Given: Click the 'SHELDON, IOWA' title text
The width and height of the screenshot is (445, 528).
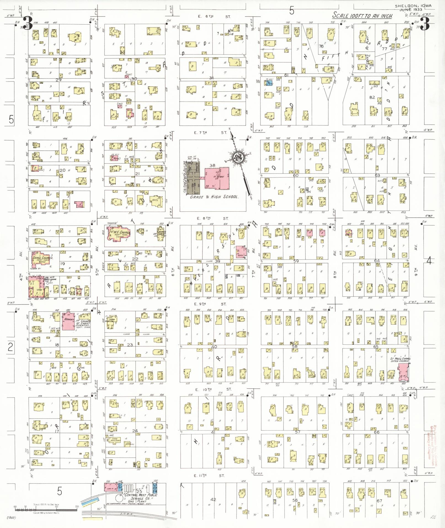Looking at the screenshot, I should (x=408, y=6).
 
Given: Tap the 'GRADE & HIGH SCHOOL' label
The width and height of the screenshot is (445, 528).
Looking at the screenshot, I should (x=214, y=197).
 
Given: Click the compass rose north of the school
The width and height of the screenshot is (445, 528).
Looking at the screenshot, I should (x=237, y=158).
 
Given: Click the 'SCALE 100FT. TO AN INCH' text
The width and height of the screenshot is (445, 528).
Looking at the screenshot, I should (x=363, y=15).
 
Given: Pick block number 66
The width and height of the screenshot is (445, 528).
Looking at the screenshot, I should (x=376, y=432).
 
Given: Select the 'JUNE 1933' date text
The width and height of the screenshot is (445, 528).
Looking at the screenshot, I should (x=409, y=10).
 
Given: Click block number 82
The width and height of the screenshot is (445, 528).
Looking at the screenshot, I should (x=373, y=97).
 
